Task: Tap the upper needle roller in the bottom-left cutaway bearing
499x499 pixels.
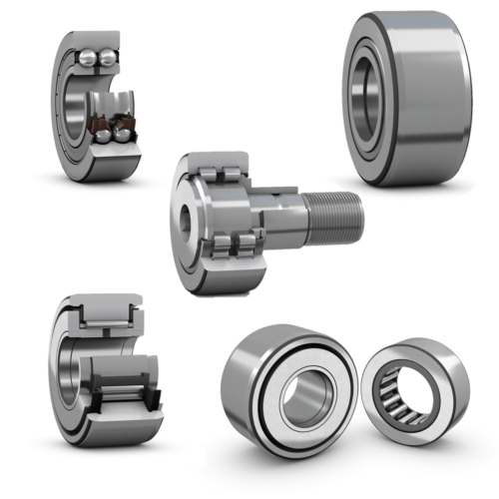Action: [x=109, y=319]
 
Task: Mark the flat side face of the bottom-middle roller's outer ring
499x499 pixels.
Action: [x=249, y=419]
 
